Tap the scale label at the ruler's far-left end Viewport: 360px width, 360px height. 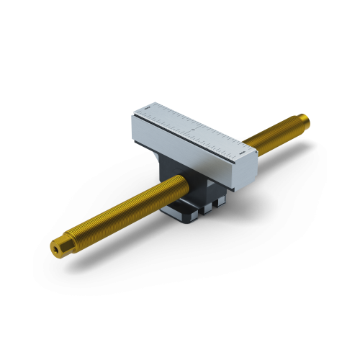[x=145, y=110]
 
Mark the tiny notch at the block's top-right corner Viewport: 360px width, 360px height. [x=253, y=151]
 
